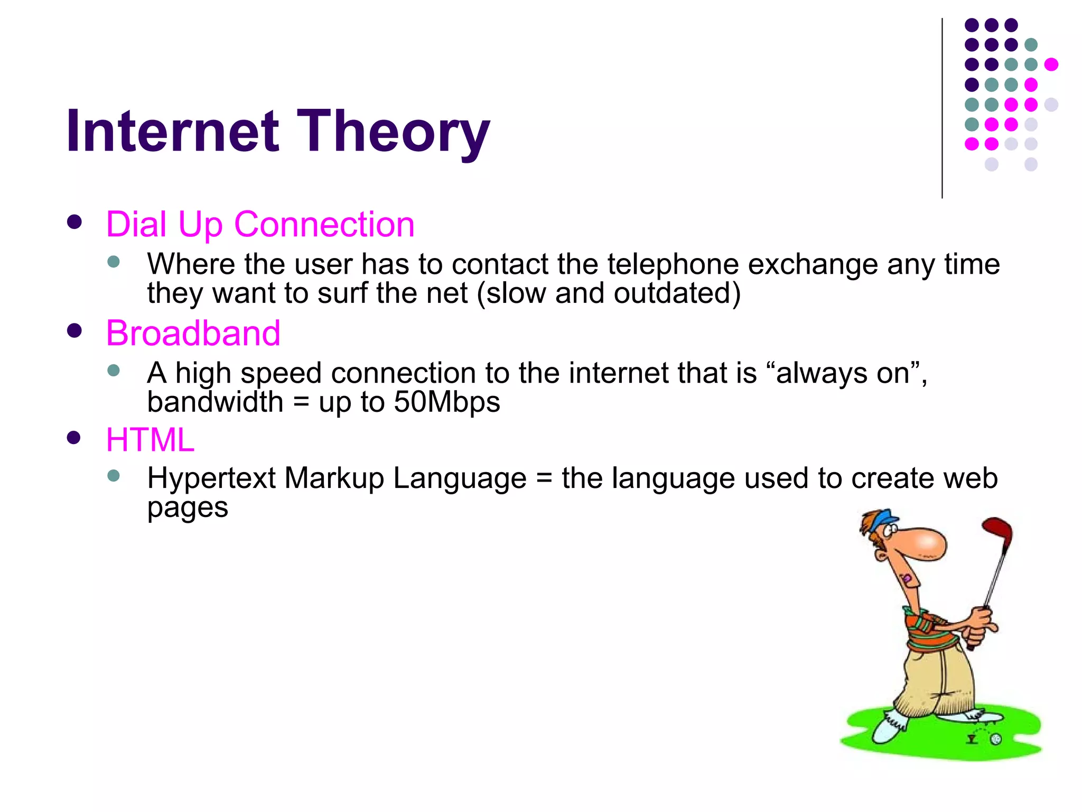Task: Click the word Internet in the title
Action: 172,131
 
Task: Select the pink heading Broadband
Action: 193,334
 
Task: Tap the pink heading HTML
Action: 150,440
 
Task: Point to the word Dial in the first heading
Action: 136,224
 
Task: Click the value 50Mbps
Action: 446,402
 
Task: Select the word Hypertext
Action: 211,479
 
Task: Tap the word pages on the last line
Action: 188,508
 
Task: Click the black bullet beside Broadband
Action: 74,331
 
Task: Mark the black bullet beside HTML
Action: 74,438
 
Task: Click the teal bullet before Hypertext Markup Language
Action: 114,476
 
